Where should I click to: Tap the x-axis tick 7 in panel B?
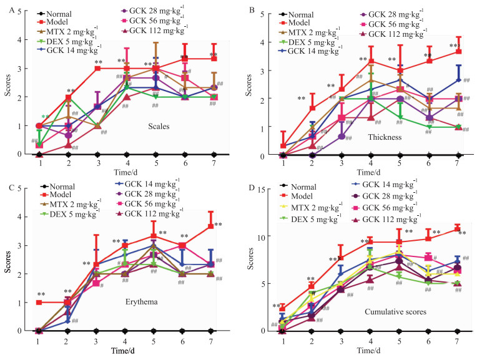(x=458, y=163)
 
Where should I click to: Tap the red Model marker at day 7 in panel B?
(x=458, y=52)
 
